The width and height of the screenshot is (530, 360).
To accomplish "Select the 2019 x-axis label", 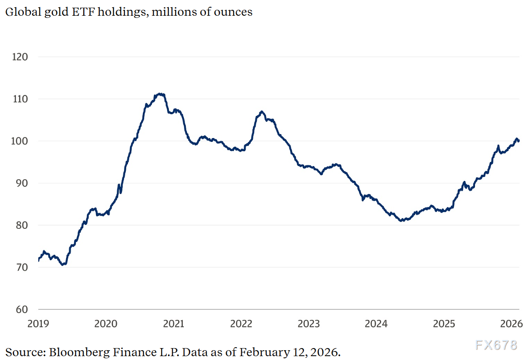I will (38, 324).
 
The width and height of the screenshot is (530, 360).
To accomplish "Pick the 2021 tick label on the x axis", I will (174, 324).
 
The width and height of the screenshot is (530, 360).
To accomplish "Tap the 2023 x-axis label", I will (309, 324).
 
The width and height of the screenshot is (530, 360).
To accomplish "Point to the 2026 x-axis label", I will (512, 324).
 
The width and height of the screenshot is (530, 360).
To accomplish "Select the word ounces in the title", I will (235, 12).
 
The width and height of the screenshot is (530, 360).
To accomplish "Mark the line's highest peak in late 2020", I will (159, 94).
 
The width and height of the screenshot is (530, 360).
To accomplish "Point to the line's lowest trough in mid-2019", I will (63, 265).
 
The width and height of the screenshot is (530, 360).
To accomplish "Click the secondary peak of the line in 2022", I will (262, 112).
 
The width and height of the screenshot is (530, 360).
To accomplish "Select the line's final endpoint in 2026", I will (518, 141).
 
